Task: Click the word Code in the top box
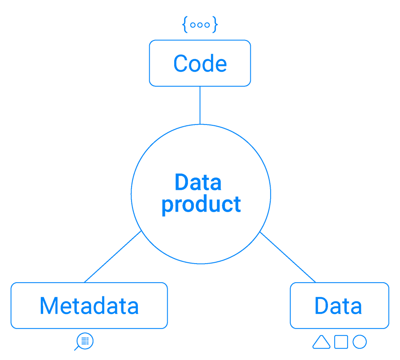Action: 200,64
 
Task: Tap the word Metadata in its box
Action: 89,306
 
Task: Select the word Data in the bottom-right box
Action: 338,306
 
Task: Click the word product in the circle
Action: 201,204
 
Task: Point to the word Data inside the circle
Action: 198,182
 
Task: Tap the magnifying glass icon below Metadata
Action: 84,341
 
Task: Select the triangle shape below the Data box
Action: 321,342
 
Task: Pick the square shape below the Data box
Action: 341,342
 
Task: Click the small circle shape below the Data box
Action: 360,342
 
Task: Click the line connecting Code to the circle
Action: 200,105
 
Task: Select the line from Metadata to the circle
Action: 113,256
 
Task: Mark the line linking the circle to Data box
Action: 287,257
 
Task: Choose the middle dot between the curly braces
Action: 200,25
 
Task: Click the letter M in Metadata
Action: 48,306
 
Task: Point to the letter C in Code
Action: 180,64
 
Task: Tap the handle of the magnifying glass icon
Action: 76,348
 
